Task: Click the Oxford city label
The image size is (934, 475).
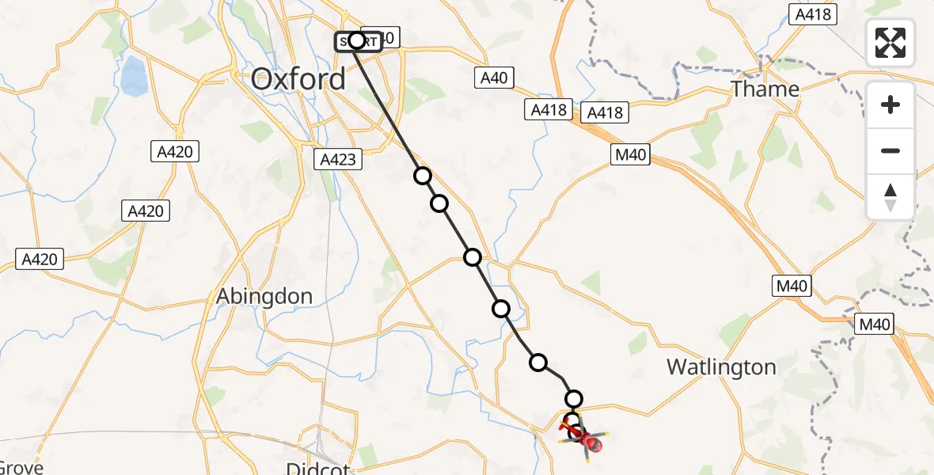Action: [x=298, y=79]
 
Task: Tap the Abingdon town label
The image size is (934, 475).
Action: [x=265, y=296]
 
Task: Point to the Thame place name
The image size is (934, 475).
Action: [x=765, y=89]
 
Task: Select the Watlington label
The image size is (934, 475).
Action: [x=721, y=367]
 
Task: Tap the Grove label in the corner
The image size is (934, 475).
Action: [x=21, y=467]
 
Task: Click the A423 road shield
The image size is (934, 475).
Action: [x=340, y=159]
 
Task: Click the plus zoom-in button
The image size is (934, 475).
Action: [x=890, y=104]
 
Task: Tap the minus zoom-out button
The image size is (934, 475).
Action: [x=890, y=150]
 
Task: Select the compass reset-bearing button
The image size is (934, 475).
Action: [x=890, y=196]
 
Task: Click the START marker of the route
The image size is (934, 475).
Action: [x=357, y=40]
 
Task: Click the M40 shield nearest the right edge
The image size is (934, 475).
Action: [x=875, y=323]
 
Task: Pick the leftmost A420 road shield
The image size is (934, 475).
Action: [x=40, y=258]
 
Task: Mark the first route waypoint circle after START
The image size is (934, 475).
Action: [x=423, y=176]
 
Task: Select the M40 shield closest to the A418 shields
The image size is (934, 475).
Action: [x=631, y=155]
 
